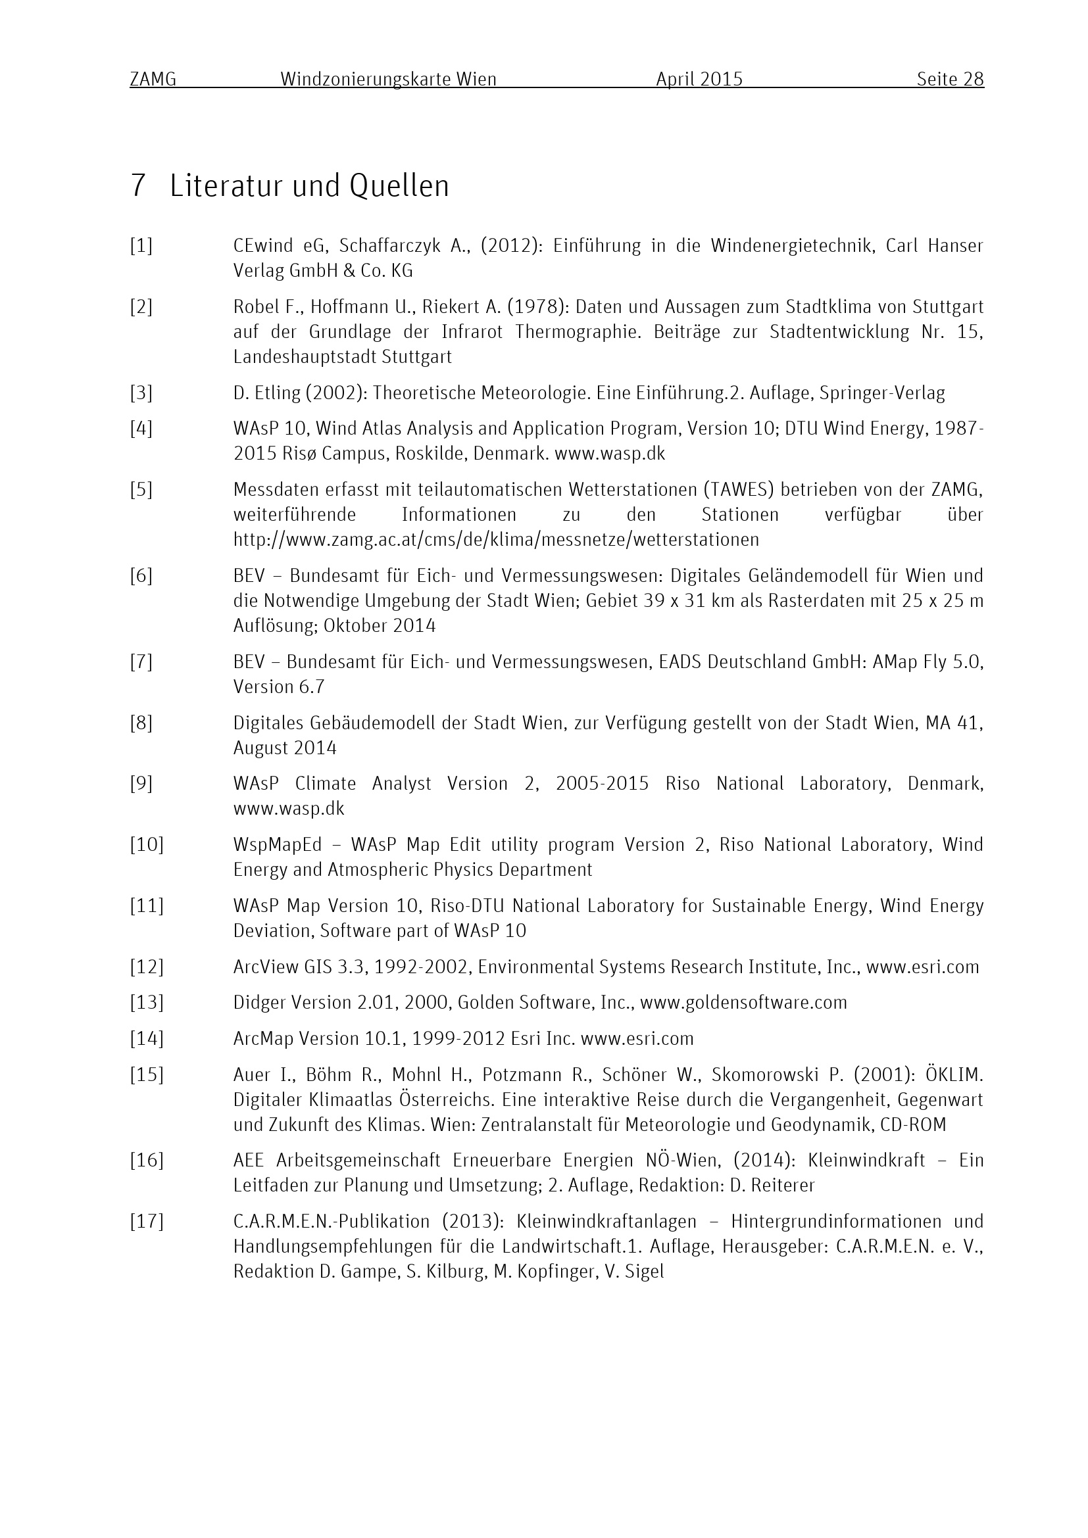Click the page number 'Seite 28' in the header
(x=950, y=80)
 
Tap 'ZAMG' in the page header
(x=153, y=80)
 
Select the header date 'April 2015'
(x=699, y=80)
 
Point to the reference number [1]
(x=141, y=246)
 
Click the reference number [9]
(x=141, y=784)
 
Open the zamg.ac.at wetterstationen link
(x=496, y=539)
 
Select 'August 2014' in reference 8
(x=285, y=748)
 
